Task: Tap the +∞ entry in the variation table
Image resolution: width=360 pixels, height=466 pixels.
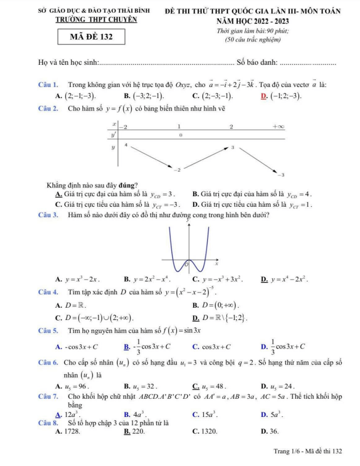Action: pyautogui.click(x=277, y=127)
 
